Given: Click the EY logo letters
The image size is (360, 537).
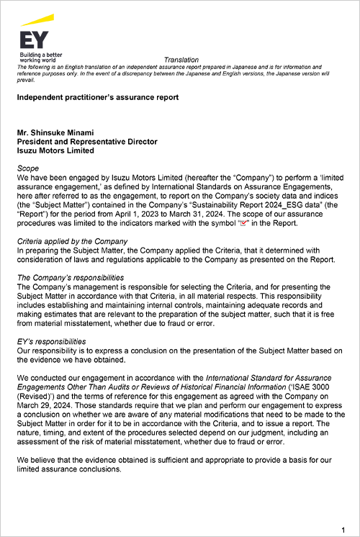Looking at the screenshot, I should coord(33,40).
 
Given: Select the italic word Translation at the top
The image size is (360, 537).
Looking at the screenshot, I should coord(181,60).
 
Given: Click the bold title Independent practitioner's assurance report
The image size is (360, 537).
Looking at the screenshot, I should coord(97,97).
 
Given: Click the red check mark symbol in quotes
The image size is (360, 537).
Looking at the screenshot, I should coord(243,224).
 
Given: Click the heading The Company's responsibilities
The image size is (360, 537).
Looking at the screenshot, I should coord(70,277).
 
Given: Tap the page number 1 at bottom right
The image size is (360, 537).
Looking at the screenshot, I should coord(342,530).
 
